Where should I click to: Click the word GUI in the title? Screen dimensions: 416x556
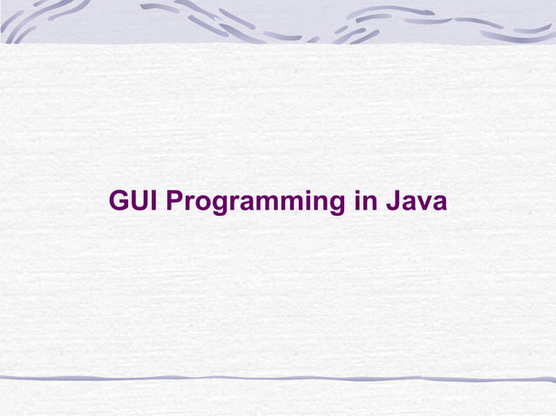133,202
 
